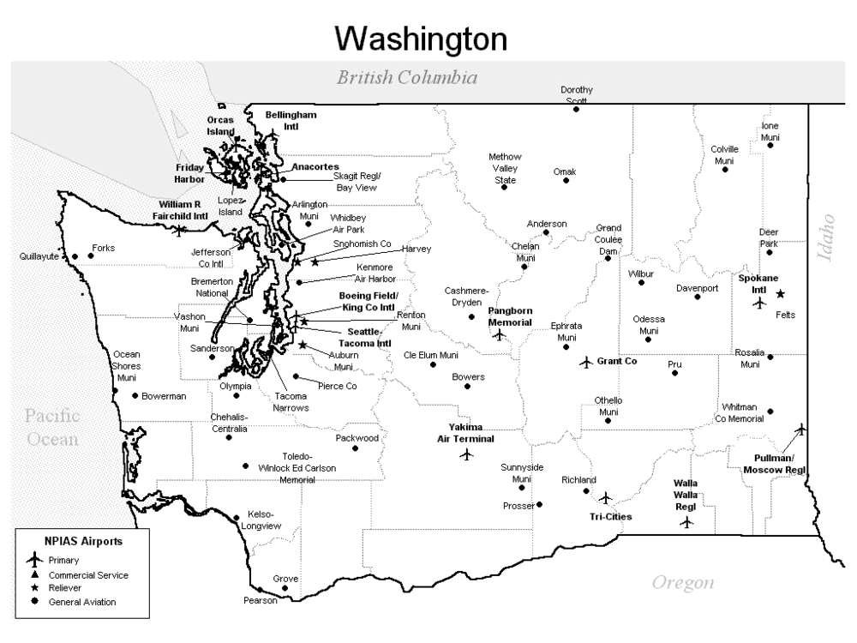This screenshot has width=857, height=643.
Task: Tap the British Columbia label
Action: (x=406, y=78)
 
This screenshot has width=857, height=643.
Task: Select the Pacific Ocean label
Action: (x=51, y=428)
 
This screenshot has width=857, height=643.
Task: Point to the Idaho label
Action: (x=827, y=237)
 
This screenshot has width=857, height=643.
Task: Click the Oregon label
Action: (x=683, y=583)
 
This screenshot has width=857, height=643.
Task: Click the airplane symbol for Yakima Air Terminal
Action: (x=466, y=454)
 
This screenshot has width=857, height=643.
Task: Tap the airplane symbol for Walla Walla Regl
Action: (x=686, y=522)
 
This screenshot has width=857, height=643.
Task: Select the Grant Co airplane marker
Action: (x=586, y=362)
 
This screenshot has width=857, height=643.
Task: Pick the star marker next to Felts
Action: (x=780, y=294)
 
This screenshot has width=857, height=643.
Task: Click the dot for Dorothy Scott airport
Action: (x=577, y=109)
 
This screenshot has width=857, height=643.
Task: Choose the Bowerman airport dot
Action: (x=135, y=396)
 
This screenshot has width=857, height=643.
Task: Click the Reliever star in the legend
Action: (x=34, y=589)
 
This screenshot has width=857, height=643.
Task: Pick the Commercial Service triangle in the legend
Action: (x=34, y=575)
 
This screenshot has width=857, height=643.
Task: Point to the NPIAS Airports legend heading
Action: (x=83, y=542)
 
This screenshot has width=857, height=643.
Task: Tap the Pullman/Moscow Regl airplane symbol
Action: (x=800, y=429)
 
